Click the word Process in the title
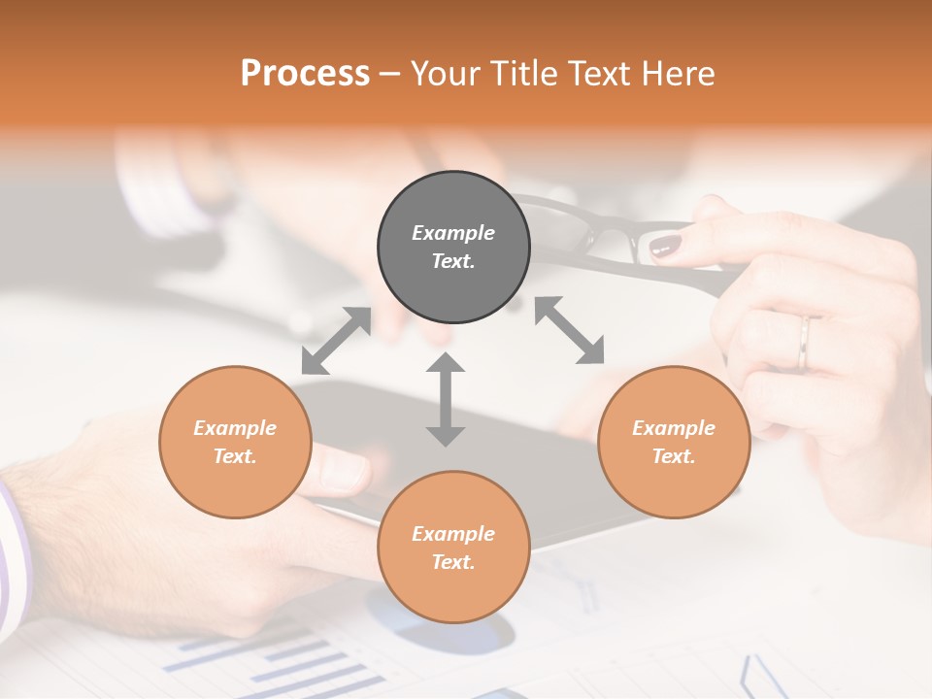pos(305,74)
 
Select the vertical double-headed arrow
pos(446,399)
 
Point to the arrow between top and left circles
pos(336,340)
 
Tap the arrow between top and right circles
pos(570,330)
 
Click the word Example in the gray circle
pos(453,233)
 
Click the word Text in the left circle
pos(234,456)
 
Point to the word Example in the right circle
pos(674,428)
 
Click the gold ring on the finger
pos(805,343)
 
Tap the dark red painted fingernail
pos(665,247)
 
